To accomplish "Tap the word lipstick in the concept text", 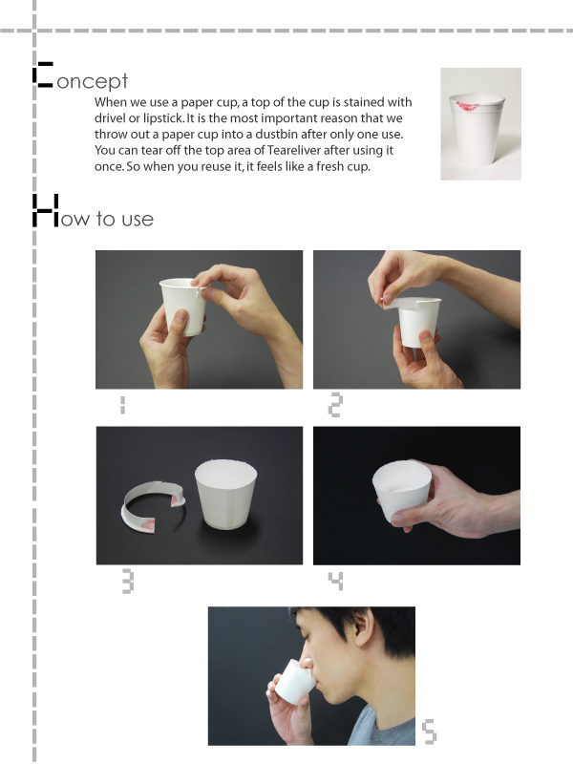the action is (162, 118).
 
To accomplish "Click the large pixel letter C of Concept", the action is (43, 74).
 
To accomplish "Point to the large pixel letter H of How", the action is (45, 210).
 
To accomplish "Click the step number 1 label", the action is (123, 404).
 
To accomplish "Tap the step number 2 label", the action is (335, 405).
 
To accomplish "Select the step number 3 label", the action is (128, 582).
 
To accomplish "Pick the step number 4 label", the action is (336, 581).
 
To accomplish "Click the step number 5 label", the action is (429, 732).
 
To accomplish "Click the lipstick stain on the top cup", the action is (468, 105).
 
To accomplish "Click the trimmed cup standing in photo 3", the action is (226, 493).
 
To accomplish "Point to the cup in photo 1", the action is (182, 306).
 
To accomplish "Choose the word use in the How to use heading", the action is (138, 220).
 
